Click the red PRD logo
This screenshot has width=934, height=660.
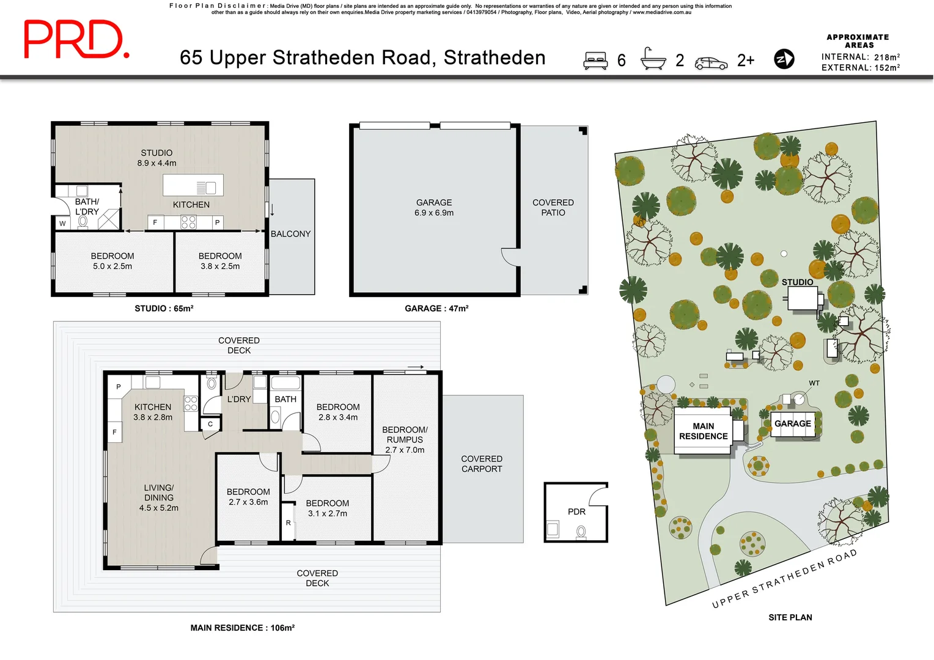(76, 40)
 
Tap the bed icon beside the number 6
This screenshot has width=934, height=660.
(595, 61)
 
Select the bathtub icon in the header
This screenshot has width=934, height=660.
(653, 59)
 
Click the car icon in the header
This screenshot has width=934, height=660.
(711, 63)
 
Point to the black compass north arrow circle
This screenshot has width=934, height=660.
(784, 59)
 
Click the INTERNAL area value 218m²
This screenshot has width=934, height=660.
(886, 57)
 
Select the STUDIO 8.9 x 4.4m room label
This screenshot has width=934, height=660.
(156, 158)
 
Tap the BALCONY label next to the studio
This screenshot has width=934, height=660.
(290, 233)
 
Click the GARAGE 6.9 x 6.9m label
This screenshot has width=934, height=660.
(434, 207)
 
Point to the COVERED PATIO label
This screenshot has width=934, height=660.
(553, 207)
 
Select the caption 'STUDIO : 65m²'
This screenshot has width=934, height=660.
(164, 309)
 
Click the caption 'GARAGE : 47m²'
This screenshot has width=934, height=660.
(436, 309)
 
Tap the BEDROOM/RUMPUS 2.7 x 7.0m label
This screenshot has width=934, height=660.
(405, 439)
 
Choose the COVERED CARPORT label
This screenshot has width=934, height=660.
(482, 463)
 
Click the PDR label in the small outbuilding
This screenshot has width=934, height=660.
(576, 512)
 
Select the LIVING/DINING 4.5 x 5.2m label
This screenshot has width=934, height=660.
(159, 497)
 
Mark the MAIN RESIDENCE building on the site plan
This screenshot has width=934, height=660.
(703, 431)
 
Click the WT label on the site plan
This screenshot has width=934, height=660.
(814, 383)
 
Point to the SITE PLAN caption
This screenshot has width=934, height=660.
(790, 617)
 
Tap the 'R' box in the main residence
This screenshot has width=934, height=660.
(288, 523)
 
